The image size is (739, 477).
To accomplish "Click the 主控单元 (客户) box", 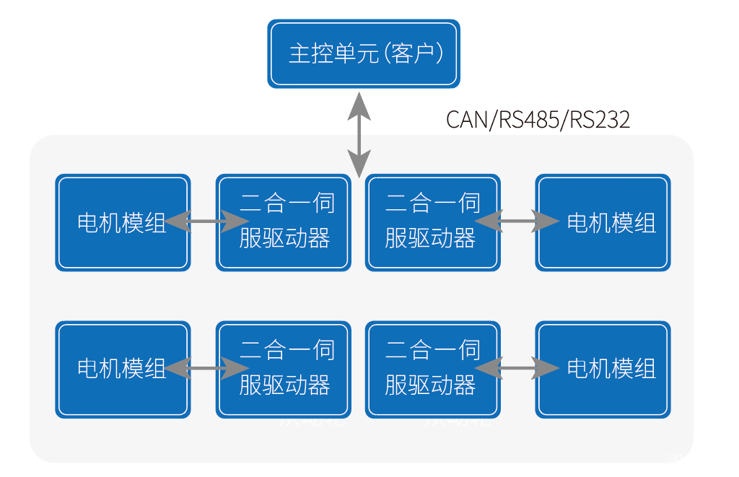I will click(x=364, y=54).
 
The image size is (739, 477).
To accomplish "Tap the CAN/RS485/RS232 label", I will click(x=538, y=119).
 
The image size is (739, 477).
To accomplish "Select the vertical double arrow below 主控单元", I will click(x=359, y=135).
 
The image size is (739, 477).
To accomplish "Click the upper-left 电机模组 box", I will click(x=123, y=222).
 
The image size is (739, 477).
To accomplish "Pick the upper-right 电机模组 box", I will click(x=603, y=222).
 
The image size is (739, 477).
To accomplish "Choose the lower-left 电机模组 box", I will click(x=123, y=369).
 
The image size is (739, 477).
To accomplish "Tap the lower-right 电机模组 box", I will click(x=603, y=369).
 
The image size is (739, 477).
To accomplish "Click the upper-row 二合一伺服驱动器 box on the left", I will click(x=284, y=222).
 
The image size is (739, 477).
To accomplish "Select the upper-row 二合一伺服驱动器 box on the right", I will click(x=432, y=222).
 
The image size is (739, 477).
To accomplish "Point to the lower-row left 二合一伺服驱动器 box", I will click(x=284, y=369).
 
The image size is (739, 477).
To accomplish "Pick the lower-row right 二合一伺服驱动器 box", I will click(x=432, y=369).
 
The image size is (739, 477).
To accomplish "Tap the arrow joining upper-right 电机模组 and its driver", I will click(x=517, y=222).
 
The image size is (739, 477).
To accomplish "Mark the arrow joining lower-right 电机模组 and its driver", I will click(x=517, y=369).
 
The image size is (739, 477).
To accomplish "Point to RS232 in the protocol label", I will click(x=600, y=119).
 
